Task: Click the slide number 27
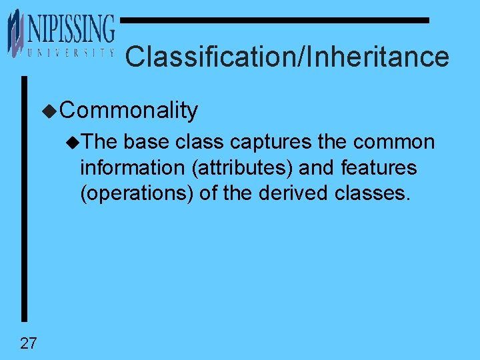coord(29,344)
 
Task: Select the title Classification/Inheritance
coord(287,57)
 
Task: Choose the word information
coord(133,168)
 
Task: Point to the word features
coord(378,168)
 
